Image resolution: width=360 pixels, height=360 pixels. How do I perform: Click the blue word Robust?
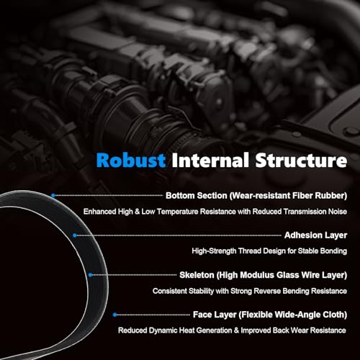point(131,160)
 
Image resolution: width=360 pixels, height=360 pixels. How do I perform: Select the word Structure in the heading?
point(301,160)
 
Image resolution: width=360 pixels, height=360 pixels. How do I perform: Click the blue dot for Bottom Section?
point(53,195)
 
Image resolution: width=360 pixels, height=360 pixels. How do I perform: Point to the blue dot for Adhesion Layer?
point(75,235)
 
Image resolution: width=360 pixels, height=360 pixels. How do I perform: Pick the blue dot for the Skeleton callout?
point(90,275)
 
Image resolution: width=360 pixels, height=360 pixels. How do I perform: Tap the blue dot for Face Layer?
point(114,315)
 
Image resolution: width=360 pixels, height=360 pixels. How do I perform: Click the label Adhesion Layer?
point(315,235)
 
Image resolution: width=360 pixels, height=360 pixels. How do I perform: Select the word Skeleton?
point(197,275)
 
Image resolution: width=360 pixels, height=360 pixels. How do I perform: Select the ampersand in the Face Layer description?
point(236,330)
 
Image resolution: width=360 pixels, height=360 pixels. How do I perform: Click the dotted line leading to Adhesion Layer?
point(179,235)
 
